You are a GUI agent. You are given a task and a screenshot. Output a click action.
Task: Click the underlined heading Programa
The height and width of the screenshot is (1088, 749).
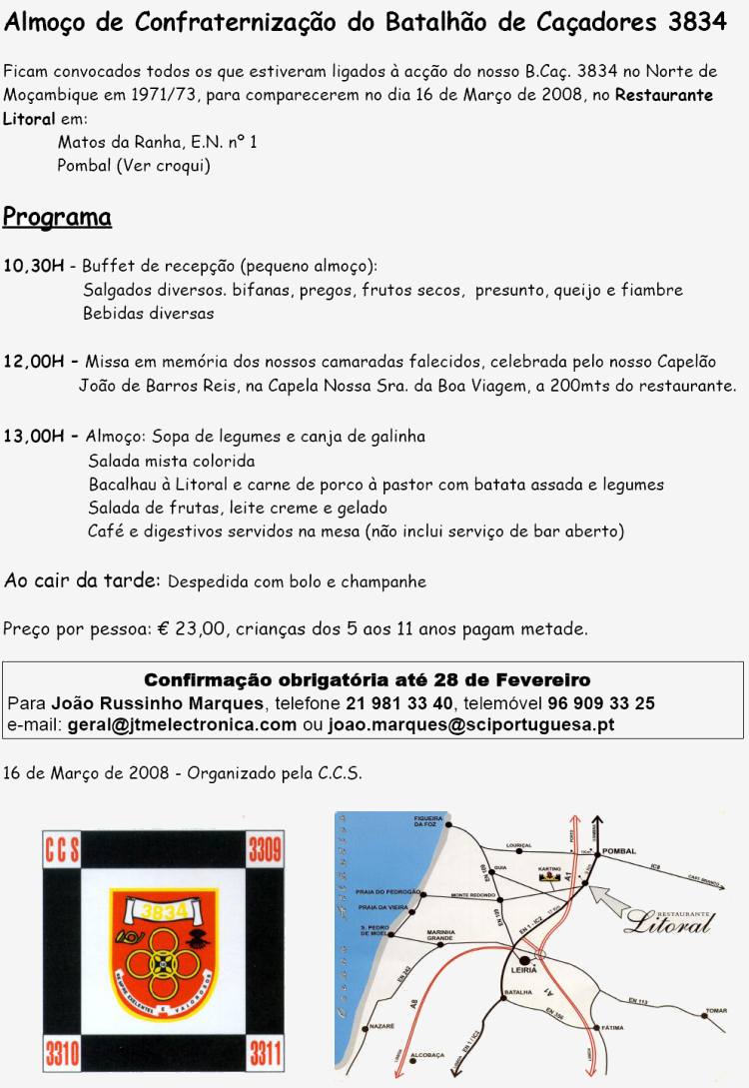pyautogui.click(x=57, y=217)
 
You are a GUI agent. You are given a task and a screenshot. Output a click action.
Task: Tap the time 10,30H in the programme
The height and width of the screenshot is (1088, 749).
pyautogui.click(x=33, y=266)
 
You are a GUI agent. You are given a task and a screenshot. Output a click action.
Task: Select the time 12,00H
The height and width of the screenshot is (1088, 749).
pyautogui.click(x=33, y=362)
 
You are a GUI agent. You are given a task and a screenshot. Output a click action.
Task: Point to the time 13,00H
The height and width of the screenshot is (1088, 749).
pyautogui.click(x=33, y=437)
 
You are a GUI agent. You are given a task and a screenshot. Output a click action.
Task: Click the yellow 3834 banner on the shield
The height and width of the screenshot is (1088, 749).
pyautogui.click(x=163, y=910)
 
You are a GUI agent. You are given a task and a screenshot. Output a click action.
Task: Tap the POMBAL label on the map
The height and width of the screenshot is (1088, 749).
pyautogui.click(x=619, y=851)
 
